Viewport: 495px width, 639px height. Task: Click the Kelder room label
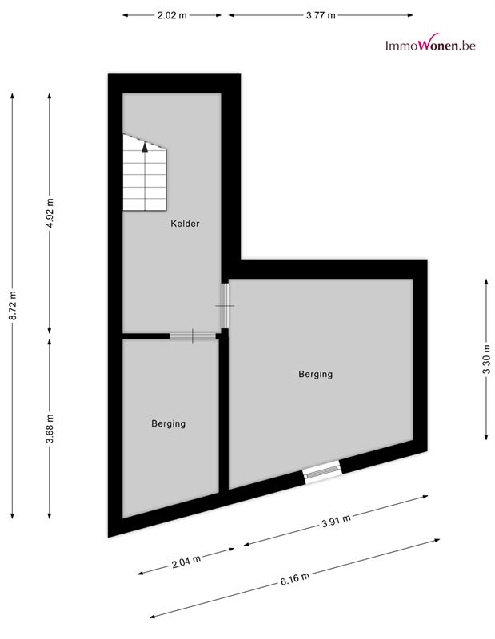185,224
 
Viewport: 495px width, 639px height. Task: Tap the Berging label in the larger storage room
315,374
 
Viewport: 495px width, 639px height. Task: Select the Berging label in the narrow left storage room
168,423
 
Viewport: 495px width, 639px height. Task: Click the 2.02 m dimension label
172,15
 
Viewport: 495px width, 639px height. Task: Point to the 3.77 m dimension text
321,15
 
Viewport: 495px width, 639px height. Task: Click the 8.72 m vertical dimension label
13,305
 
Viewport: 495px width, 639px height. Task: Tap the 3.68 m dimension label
50,429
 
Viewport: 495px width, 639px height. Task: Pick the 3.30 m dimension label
486,359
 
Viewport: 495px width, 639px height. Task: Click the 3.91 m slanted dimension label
336,521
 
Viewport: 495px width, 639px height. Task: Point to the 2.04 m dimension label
186,561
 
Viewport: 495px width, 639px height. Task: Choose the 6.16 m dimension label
294,578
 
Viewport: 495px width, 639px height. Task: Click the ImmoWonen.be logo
430,43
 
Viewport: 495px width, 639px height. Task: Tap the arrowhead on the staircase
145,147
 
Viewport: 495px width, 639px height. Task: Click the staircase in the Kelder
145,173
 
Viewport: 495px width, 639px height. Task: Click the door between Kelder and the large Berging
225,306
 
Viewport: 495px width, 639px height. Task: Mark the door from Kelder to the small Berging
193,336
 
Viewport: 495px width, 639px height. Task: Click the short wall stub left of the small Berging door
146,336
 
